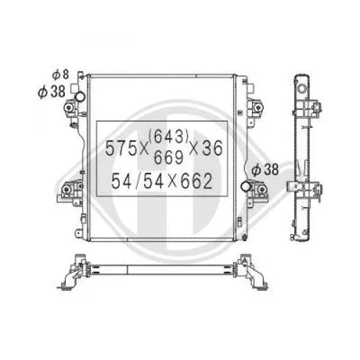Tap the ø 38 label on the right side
pyautogui.click(x=264, y=167)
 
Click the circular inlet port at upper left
pyautogui.click(x=80, y=95)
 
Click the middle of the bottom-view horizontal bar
pyautogui.click(x=162, y=271)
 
